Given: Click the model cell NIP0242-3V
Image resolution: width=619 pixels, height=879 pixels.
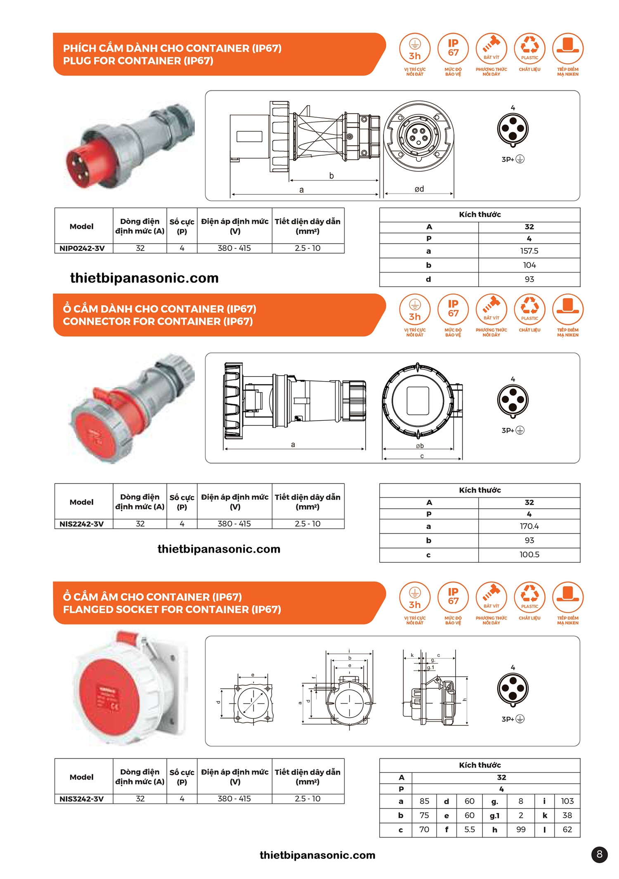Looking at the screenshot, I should point(82,248).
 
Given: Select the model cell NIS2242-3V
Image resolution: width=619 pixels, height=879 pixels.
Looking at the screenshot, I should point(82,524).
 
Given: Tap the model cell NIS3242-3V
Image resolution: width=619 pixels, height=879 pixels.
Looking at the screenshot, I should point(82,798).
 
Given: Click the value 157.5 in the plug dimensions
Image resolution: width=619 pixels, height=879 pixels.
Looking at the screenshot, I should point(529,251).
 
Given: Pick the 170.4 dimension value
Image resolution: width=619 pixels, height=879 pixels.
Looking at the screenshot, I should point(529,526).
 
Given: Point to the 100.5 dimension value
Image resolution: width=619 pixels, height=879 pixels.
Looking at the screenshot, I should point(529,554).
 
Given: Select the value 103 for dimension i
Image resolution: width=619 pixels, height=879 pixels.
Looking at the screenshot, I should point(567,801).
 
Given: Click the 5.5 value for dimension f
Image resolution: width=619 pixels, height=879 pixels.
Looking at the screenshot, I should point(469,829).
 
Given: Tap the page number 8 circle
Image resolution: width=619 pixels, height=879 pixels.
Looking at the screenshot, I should point(599,854).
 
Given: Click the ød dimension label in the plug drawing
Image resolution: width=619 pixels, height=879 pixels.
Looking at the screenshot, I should point(419,189).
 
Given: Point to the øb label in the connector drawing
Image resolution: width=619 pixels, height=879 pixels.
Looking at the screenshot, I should point(420,446).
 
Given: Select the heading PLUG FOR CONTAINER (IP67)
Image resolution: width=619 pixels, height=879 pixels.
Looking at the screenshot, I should point(138,61).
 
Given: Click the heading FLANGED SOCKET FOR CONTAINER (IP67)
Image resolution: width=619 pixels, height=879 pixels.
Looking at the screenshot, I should point(172,609).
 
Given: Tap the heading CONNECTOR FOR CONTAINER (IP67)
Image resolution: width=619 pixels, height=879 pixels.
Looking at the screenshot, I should point(158,321).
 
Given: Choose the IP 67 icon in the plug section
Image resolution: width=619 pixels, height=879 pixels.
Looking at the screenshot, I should point(453,48).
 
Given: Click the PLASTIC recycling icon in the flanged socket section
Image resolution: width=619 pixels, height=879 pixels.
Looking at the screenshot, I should point(529,597).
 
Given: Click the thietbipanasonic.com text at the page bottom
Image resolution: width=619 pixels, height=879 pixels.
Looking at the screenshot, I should point(317,855).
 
